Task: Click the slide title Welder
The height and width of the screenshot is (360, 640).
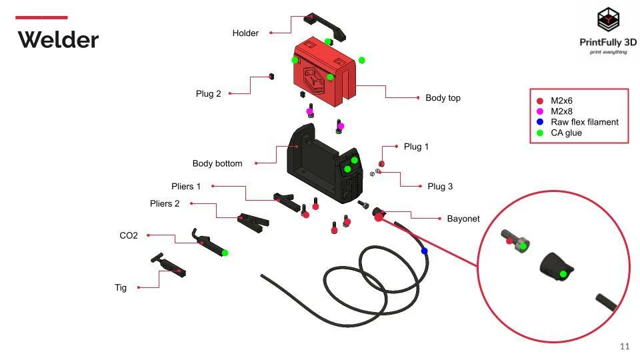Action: click(58, 40)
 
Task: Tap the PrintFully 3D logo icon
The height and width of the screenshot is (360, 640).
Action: click(607, 21)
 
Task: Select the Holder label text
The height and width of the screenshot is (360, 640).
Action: click(245, 33)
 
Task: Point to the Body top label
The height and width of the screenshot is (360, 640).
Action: click(443, 98)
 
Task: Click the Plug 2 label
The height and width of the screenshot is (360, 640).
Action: click(208, 94)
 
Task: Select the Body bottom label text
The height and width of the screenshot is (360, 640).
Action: click(217, 163)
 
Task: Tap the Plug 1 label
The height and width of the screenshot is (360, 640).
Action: click(416, 147)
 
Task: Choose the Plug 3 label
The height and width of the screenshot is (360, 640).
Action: click(440, 187)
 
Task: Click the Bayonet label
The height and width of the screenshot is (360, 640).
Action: click(463, 219)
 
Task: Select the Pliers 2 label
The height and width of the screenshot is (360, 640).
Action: click(165, 204)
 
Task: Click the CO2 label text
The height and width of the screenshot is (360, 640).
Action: click(129, 236)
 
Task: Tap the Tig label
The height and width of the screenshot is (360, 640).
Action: click(121, 288)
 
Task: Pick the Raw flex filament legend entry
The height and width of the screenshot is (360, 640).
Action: click(584, 122)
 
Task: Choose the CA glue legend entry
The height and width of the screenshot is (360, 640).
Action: click(566, 133)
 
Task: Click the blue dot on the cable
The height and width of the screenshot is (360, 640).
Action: click(424, 251)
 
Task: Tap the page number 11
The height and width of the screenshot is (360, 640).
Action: click(625, 346)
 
